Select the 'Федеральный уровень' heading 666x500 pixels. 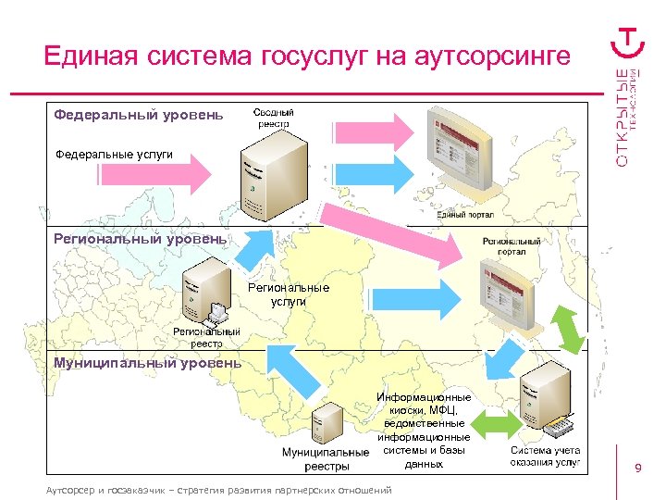click(138, 115)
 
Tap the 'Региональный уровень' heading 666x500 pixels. click(140, 239)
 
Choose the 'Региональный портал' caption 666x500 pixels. click(512, 245)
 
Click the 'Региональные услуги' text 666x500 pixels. click(289, 294)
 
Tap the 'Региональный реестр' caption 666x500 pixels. click(207, 337)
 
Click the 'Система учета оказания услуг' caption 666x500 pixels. click(546, 456)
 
